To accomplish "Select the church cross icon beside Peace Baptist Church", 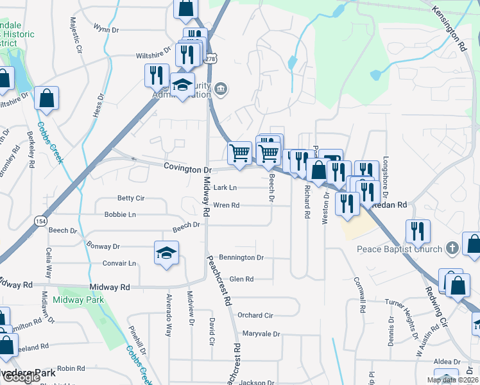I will point(452,248).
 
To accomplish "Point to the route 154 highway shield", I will point(41,221).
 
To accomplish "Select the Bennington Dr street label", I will point(241,257).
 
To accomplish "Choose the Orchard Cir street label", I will point(255,315).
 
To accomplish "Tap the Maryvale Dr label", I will point(261,334).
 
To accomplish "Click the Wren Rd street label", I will point(226,206).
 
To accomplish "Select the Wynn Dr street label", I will point(106,29).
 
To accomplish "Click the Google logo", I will point(21,377).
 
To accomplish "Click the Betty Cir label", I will point(131,199).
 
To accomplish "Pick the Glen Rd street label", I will point(241,279).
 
